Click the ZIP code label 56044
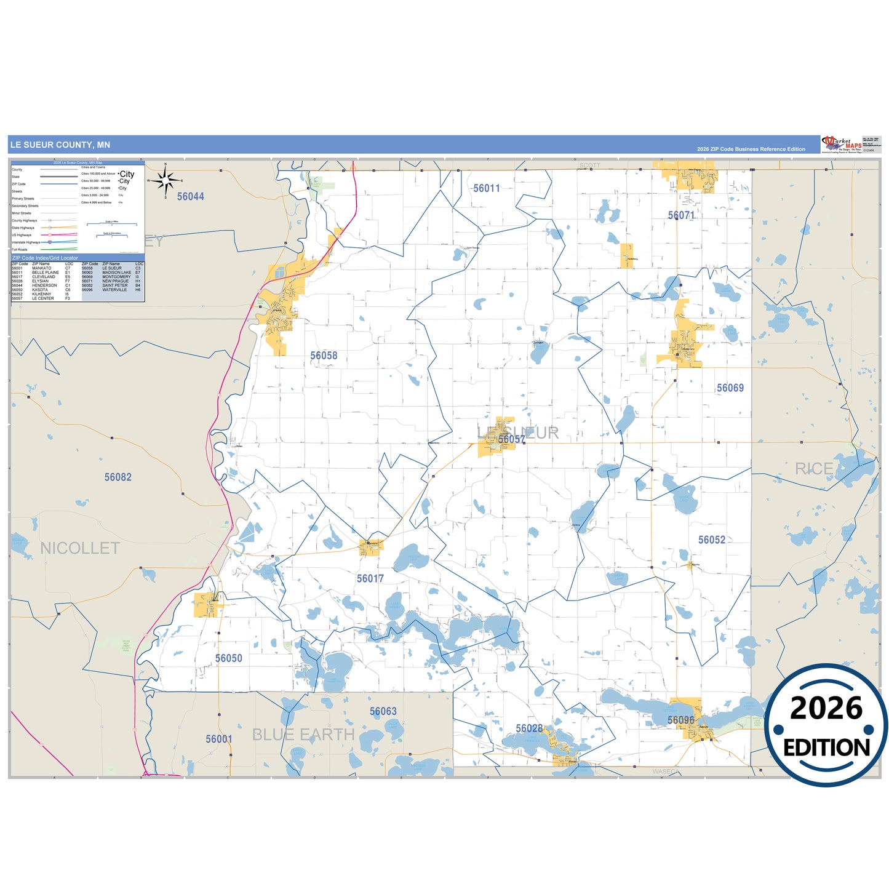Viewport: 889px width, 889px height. tap(190, 196)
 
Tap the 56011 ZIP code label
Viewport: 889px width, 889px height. tap(486, 188)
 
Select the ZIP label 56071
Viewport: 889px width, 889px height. tap(681, 215)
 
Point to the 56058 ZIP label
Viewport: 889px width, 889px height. tap(324, 356)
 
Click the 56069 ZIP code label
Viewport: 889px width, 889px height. tap(730, 388)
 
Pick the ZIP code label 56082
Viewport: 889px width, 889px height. tap(118, 477)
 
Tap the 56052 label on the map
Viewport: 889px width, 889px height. tap(711, 540)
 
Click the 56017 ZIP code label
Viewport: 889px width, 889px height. tap(370, 578)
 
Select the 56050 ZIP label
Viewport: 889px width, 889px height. tap(228, 658)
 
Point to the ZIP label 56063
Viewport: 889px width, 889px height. tap(383, 711)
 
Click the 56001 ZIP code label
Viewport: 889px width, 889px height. tap(219, 739)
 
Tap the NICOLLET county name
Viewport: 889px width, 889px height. tap(80, 548)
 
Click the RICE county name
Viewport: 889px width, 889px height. tap(813, 469)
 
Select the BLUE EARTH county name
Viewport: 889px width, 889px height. tap(303, 735)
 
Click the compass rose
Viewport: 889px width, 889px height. tap(165, 181)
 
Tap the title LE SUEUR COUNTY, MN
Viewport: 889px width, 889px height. tap(60, 145)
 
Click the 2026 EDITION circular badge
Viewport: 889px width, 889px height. tap(826, 725)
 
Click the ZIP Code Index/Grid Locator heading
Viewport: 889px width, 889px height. tap(46, 258)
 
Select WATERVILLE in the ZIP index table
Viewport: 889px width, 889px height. tap(114, 290)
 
